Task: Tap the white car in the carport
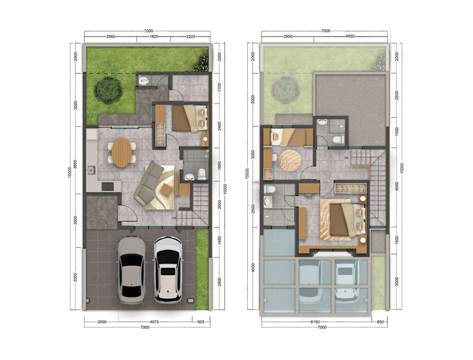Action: (168, 270)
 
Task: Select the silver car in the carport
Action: (131, 270)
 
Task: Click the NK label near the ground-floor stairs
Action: (175, 218)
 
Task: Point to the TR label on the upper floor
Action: (347, 158)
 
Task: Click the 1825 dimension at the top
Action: (154, 36)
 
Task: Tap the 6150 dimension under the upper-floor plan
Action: (315, 322)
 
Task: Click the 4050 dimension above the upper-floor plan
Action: (350, 36)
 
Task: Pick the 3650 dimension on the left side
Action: (75, 165)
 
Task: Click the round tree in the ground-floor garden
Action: (108, 89)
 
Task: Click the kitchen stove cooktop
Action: (108, 187)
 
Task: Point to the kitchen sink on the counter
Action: (91, 171)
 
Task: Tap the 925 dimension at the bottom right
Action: (200, 322)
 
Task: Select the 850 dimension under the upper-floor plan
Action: (380, 322)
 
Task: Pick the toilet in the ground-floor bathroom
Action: (201, 174)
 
